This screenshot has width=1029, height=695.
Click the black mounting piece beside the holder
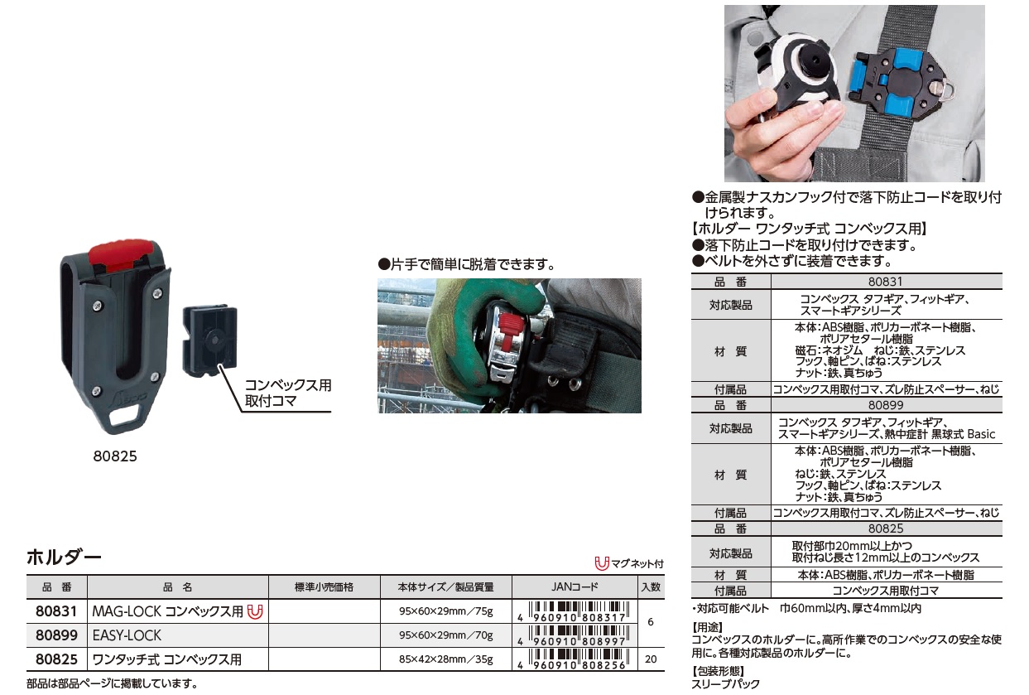click(210, 340)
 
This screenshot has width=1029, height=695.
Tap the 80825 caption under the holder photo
click(115, 456)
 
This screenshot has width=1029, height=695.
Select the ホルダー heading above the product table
click(64, 557)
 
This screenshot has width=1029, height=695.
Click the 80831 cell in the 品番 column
click(56, 611)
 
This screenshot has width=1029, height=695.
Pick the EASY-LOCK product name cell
click(127, 635)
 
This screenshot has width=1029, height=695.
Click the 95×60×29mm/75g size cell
click(445, 611)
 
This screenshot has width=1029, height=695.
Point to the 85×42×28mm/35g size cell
click(445, 659)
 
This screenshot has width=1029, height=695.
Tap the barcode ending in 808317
click(575, 611)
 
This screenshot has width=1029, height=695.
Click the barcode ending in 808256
click(575, 659)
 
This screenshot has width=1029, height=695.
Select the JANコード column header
click(575, 587)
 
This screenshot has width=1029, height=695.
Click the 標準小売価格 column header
click(324, 587)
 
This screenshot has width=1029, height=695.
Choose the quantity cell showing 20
click(651, 659)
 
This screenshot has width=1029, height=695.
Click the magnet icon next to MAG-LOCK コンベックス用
click(255, 612)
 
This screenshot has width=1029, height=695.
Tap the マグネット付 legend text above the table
click(637, 564)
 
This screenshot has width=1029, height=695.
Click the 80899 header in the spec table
click(886, 405)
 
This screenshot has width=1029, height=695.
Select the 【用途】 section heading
click(708, 627)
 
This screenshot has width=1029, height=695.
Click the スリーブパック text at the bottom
click(725, 684)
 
